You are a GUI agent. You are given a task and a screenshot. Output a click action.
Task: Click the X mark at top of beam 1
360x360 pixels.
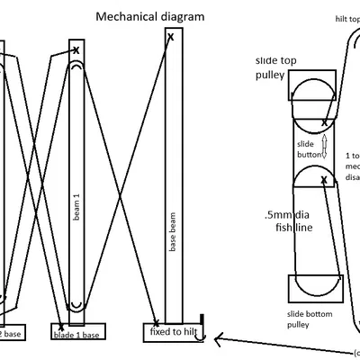pos(76,50)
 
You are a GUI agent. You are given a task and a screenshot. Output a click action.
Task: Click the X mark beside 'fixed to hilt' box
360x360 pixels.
pos(157,321)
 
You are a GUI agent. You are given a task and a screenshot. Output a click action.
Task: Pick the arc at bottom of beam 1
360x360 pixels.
pos(76,302)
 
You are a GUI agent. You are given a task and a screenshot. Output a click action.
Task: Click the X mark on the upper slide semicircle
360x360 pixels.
pos(324,121)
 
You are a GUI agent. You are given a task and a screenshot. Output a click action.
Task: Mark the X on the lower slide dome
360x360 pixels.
pos(323,181)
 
